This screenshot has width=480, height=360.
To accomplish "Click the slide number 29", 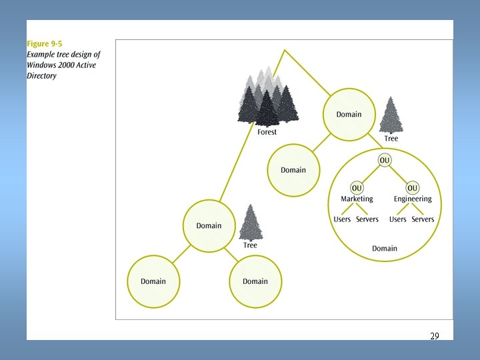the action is tap(434, 336).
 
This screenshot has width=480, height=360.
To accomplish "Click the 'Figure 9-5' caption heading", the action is tap(45, 44).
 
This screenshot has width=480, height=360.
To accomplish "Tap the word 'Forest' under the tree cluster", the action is tap(267, 132).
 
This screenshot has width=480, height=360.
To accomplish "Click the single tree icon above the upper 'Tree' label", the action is tap(391, 116).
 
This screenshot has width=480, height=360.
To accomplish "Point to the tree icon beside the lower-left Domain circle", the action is tap(251, 222).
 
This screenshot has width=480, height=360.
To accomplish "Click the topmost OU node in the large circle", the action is tap(385, 160).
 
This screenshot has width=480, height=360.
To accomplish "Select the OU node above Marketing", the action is tap(357, 188).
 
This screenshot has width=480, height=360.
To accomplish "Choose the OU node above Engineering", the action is tap(413, 188).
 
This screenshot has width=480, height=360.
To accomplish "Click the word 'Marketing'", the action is tap(357, 199).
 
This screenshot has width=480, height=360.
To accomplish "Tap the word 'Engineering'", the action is tap(413, 199).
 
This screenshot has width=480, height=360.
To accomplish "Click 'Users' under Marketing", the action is tap(342, 219).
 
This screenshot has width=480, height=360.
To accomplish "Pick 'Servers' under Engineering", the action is tap(423, 219).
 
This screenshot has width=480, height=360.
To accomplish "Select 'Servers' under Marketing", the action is tap(367, 219).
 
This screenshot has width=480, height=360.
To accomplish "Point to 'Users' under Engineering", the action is tap(398, 219).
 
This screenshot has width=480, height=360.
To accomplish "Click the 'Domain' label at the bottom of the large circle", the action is tap(385, 249).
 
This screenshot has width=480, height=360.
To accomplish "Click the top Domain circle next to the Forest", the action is tap(349, 115).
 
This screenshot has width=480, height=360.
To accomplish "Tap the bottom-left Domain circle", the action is tap(153, 281).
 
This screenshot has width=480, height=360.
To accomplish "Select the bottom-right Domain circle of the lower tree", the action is tap(255, 281).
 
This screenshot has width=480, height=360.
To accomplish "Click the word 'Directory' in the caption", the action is tap(41, 76).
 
